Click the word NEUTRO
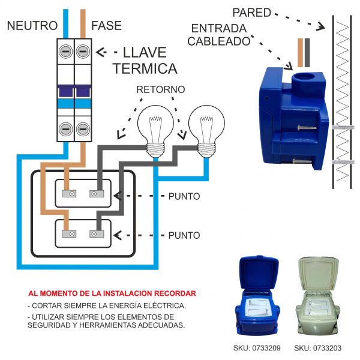(x=32, y=26)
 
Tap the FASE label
(x=106, y=26)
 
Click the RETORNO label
(x=160, y=89)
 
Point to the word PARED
(x=251, y=12)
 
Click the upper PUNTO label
(x=184, y=197)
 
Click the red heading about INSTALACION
(x=112, y=293)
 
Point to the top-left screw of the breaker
(x=65, y=52)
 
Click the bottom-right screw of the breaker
(x=82, y=129)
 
